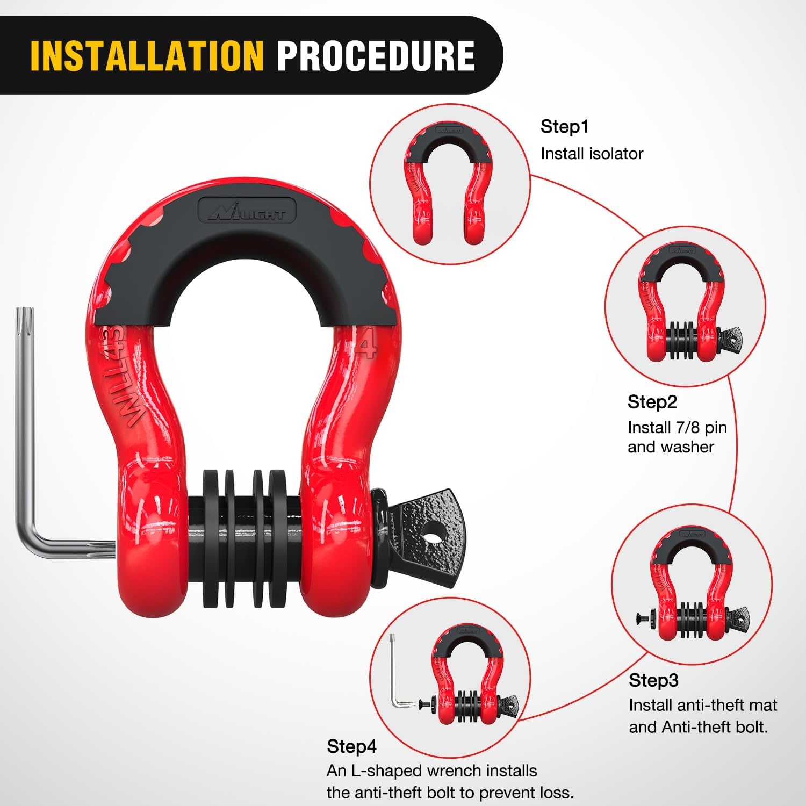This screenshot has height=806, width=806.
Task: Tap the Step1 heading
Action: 565,127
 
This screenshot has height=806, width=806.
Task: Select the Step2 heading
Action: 652,402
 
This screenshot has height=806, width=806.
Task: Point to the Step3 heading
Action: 653,680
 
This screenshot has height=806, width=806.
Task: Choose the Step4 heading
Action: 351,746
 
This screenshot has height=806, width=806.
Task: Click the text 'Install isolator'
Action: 592,154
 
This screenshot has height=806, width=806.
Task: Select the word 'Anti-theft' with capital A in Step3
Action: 694,727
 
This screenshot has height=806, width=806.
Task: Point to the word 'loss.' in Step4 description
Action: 556,793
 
